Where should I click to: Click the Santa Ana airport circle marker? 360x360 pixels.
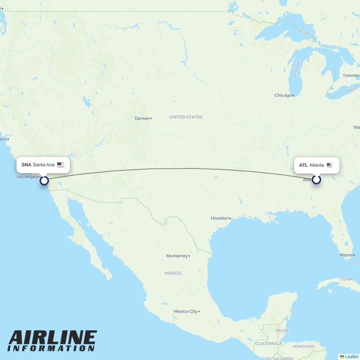pyautogui.click(x=44, y=180)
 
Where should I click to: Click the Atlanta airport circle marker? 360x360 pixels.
pyautogui.click(x=316, y=179)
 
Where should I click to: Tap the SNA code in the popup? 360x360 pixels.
pyautogui.click(x=26, y=165)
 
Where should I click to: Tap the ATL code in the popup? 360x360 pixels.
pyautogui.click(x=303, y=165)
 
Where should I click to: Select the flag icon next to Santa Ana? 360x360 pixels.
pyautogui.click(x=60, y=165)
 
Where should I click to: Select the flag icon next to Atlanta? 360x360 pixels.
pyautogui.click(x=329, y=165)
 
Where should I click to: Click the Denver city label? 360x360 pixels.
pyautogui.click(x=142, y=118)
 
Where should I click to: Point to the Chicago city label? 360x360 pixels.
pyautogui.click(x=283, y=95)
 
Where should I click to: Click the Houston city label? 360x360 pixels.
pyautogui.click(x=220, y=218)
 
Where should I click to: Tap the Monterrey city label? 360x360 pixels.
pyautogui.click(x=177, y=256)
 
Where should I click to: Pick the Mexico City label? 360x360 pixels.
pyautogui.click(x=185, y=311)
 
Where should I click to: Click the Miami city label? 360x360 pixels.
pyautogui.click(x=346, y=255)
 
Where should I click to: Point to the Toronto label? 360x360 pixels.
pyautogui.click(x=351, y=76)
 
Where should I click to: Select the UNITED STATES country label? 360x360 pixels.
pyautogui.click(x=186, y=117)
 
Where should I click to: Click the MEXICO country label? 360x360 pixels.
pyautogui.click(x=173, y=273)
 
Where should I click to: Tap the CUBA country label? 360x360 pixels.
pyautogui.click(x=346, y=279)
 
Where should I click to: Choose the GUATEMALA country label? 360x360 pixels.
pyautogui.click(x=269, y=344)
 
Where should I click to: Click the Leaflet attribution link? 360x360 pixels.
pyautogui.click(x=351, y=357)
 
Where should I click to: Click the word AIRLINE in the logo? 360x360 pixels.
pyautogui.click(x=53, y=337)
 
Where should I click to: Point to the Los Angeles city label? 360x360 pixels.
pyautogui.click(x=29, y=177)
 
